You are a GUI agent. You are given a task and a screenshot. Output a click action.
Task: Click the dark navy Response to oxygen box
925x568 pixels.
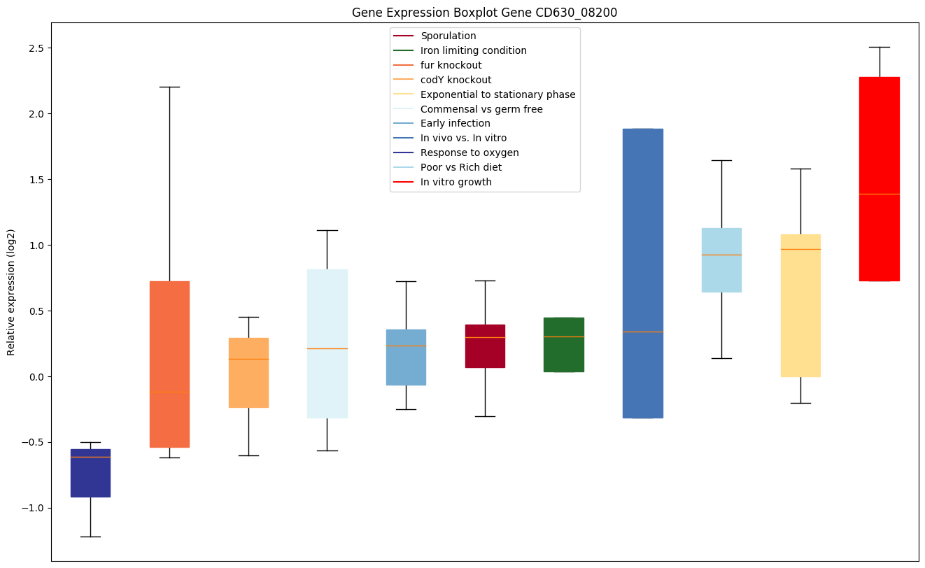(x=90, y=473)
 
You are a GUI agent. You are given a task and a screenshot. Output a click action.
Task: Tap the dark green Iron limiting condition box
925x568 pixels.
(x=564, y=344)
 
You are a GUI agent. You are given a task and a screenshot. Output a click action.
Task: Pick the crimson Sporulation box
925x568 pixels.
(x=485, y=346)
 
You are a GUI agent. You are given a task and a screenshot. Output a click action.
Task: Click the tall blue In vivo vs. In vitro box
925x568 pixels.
(x=643, y=273)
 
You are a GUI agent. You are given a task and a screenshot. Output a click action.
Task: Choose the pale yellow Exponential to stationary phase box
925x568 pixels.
(x=800, y=305)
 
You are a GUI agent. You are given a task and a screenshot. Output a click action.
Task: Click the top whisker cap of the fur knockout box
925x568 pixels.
(x=169, y=87)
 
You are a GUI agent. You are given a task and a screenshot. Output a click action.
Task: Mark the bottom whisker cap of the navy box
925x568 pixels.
(x=90, y=537)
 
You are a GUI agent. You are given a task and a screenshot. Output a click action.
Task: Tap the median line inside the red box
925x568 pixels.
(x=880, y=194)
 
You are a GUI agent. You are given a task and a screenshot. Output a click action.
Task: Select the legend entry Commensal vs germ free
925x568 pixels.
(x=481, y=109)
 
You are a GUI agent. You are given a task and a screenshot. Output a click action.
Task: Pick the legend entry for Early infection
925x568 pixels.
(x=455, y=124)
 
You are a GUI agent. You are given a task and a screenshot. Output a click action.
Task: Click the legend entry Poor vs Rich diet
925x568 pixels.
(x=460, y=168)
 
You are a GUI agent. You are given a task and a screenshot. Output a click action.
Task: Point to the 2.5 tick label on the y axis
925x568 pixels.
(x=36, y=48)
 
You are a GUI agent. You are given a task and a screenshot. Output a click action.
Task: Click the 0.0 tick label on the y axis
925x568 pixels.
(x=36, y=376)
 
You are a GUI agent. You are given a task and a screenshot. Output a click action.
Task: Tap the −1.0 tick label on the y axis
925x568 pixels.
(x=33, y=508)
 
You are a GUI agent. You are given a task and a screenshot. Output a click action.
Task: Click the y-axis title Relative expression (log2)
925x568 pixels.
(x=11, y=292)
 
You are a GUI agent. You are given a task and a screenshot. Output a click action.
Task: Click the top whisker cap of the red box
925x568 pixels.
(x=880, y=47)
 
